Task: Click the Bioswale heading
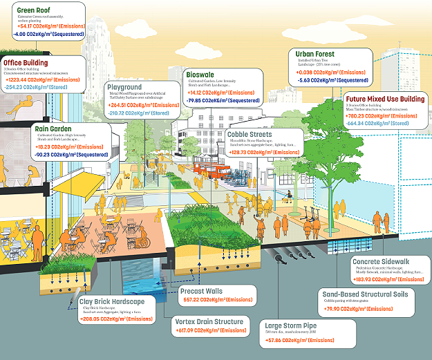[203, 75]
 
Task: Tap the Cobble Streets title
[257, 135]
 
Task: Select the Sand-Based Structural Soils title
[365, 294]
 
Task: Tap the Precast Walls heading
[201, 291]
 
